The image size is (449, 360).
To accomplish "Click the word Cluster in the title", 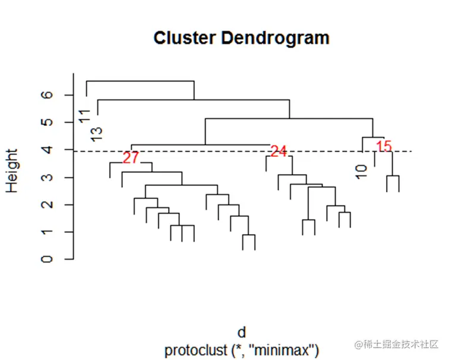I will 185,38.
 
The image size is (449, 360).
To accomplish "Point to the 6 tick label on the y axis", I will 49,95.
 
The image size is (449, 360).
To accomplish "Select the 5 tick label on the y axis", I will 49,122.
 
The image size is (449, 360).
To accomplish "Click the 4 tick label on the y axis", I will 49,150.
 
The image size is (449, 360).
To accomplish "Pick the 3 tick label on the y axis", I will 49,177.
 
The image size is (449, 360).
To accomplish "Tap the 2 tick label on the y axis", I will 49,204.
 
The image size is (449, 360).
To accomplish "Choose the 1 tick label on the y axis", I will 49,232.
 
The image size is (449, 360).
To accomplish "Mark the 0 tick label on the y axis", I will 49,259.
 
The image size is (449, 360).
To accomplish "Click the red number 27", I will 131,158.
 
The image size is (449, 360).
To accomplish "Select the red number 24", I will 279,151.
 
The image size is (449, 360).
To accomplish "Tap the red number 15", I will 384,146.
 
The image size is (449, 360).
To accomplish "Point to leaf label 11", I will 86,115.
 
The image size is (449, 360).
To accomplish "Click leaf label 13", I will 98,134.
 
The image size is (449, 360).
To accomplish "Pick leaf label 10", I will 362,172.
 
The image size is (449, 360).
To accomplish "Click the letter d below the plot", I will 242,332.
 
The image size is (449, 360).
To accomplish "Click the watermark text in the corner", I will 396,345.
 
